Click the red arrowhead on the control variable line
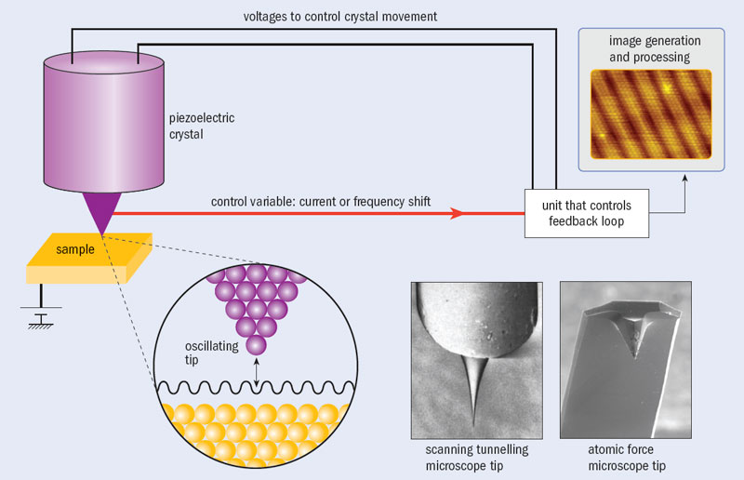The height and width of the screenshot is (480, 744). tap(457, 213)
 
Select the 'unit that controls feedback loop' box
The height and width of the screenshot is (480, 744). tap(587, 213)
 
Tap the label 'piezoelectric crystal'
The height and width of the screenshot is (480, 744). tap(202, 126)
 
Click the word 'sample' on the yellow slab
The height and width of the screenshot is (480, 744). tap(75, 249)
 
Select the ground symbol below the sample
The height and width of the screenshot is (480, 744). tap(41, 316)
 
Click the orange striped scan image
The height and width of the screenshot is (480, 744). tap(651, 113)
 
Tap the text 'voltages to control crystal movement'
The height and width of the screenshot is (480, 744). tap(339, 17)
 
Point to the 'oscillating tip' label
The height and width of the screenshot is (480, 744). tap(212, 353)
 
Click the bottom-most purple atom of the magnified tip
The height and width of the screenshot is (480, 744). tap(257, 345)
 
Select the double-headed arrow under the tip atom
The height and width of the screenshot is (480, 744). tap(257, 372)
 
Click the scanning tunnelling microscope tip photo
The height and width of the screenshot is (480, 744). tap(477, 360)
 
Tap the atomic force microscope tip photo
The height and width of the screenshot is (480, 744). tap(626, 360)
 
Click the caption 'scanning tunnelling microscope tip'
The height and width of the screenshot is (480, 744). tap(477, 458)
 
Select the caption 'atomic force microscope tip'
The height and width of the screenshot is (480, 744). tap(626, 458)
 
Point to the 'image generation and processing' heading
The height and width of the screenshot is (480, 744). tap(655, 49)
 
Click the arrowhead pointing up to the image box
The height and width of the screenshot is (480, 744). tap(684, 178)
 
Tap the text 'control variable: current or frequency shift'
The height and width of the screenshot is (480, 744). tap(321, 202)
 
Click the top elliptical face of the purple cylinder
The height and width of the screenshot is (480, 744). tap(104, 62)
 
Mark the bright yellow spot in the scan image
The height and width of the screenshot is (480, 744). tap(667, 87)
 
